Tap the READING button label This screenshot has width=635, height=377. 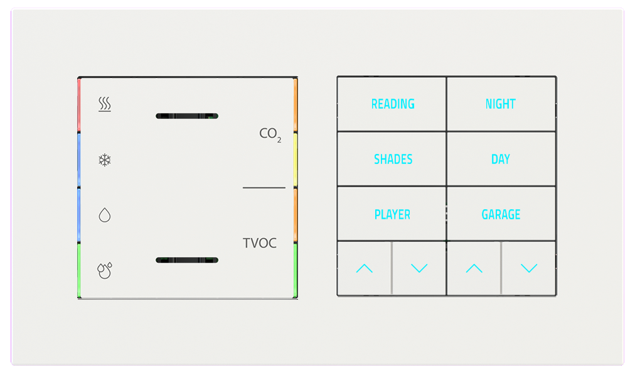393,104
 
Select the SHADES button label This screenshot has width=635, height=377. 393,160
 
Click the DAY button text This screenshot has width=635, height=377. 501,160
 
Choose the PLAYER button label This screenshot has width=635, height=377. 392,215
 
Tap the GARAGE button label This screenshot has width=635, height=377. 501,215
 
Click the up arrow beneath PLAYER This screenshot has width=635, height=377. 364,269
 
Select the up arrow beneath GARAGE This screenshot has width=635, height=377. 474,269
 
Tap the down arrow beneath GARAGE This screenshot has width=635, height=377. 529,269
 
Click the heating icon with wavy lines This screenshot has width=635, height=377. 105,104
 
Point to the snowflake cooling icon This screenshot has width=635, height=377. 105,160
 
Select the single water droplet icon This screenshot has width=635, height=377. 105,216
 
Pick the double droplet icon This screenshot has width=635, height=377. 105,270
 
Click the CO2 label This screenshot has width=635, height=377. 270,134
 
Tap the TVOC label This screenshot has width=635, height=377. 260,243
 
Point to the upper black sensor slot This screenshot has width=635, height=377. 187,116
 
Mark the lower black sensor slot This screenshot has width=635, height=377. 187,260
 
